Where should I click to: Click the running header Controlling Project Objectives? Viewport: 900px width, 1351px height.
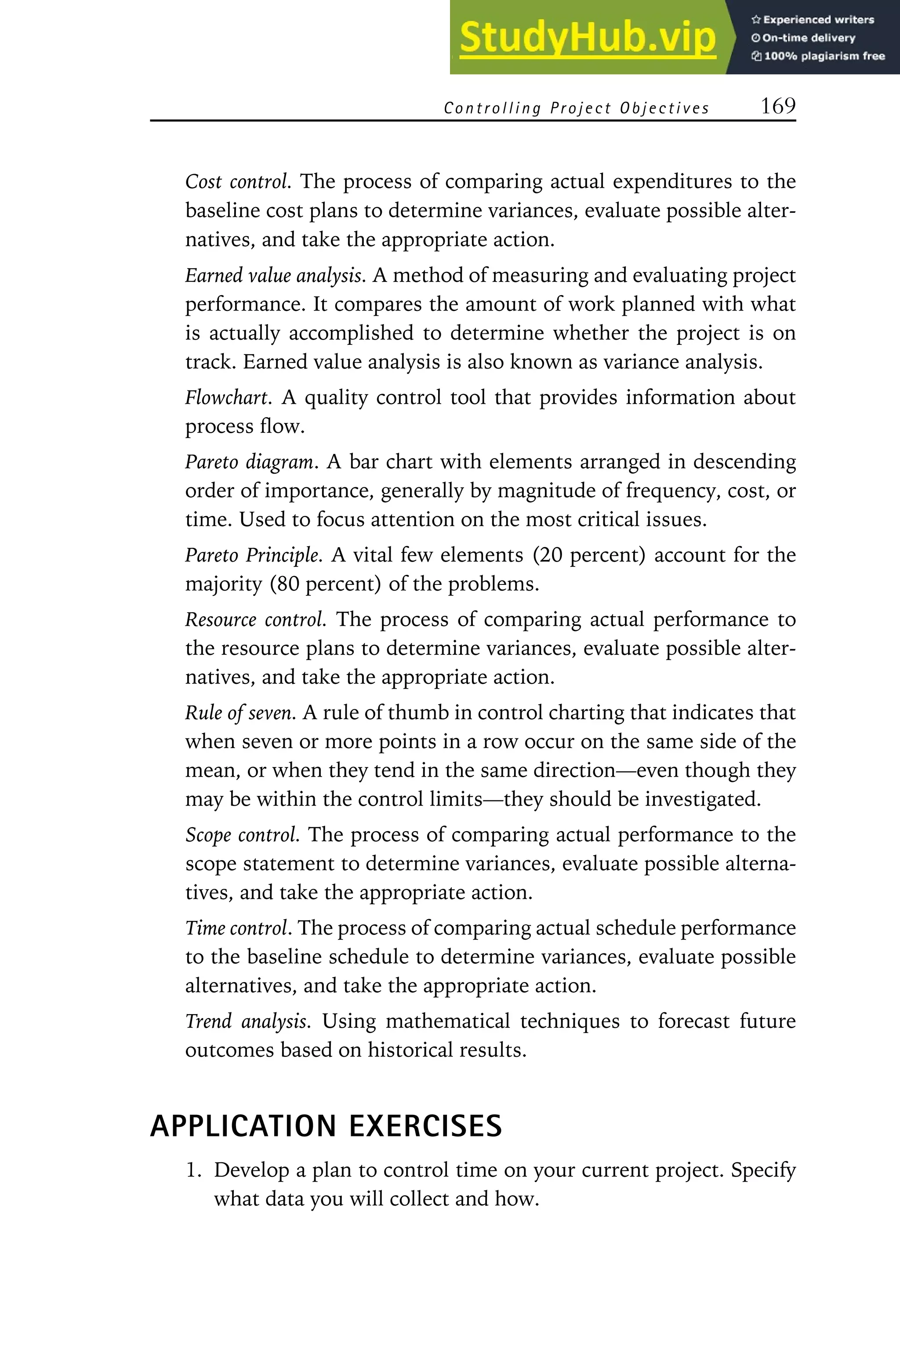576,108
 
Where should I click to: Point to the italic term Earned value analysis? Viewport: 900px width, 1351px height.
274,276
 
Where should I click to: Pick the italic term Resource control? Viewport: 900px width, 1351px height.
255,619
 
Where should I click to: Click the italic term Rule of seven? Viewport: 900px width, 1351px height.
240,713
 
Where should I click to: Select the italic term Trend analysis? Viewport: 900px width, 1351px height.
247,1021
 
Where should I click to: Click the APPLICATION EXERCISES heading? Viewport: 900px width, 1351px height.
326,1125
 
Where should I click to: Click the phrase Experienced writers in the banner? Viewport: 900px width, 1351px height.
818,19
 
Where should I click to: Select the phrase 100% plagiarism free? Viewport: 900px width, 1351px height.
824,56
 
